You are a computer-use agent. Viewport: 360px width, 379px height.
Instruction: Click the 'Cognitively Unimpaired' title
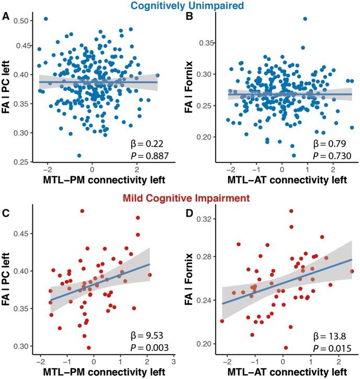(x=179, y=6)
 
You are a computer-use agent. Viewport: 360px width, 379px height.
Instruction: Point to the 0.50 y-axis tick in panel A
(x=19, y=21)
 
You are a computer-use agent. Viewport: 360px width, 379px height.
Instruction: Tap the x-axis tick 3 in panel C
(x=173, y=361)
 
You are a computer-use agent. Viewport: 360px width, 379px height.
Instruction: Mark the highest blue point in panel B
(x=305, y=19)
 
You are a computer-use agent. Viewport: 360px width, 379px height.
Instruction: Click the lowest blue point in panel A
(x=79, y=156)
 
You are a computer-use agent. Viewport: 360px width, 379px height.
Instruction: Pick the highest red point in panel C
(x=82, y=211)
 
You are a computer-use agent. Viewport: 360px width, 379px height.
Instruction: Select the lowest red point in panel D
(x=285, y=348)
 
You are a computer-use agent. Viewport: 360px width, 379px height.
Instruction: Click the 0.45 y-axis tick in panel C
(x=19, y=233)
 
